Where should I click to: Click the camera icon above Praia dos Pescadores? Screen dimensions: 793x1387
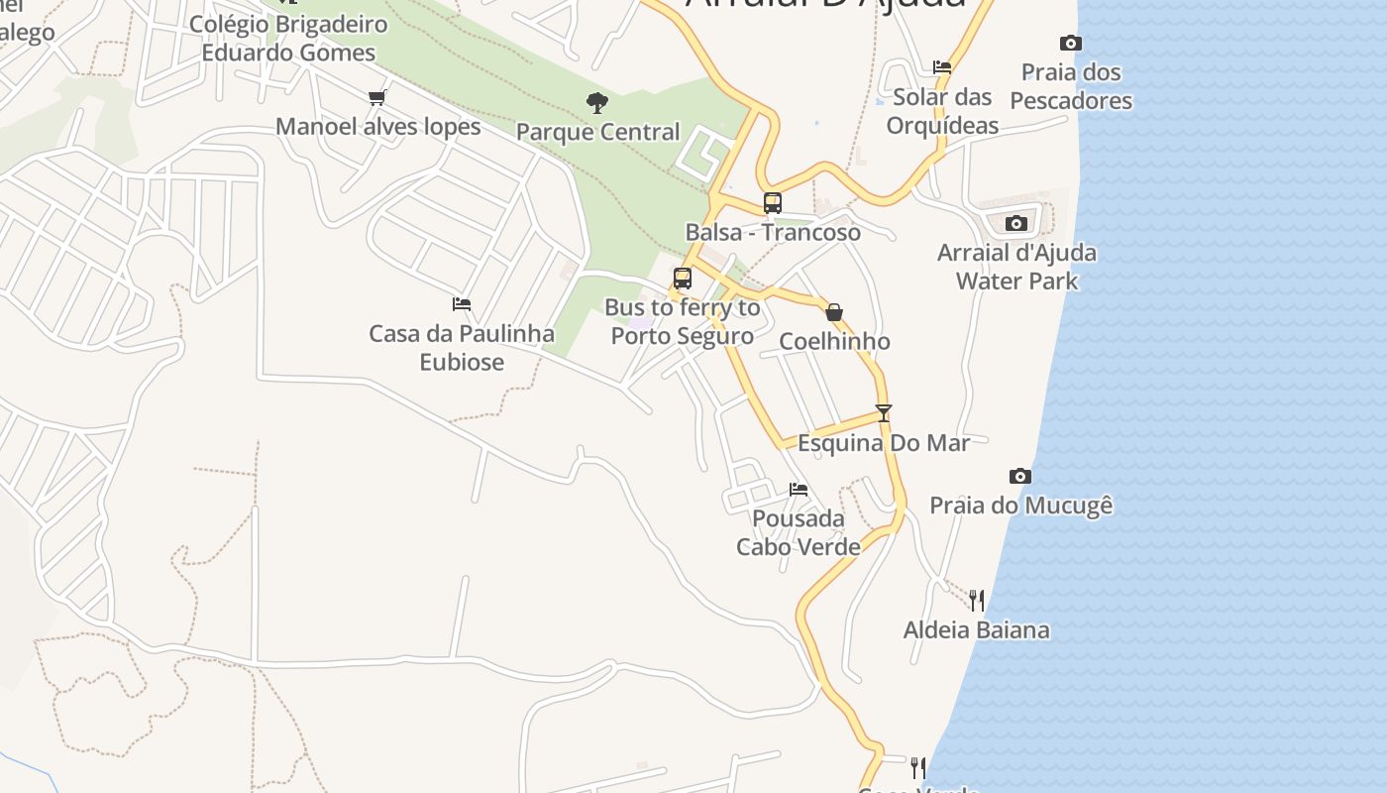1070,43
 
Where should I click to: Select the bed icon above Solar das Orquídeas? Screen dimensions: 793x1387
942,67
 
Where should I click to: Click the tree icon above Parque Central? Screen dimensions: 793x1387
596,101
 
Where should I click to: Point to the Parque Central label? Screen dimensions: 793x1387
597,132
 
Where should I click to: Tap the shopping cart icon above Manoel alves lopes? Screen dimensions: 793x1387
376,97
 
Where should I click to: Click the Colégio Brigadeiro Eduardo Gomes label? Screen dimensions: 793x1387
288,38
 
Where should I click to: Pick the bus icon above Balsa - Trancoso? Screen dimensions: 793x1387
773,203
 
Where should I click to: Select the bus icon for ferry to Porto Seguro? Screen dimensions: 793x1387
683,279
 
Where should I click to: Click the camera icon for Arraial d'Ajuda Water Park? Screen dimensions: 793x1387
1016,223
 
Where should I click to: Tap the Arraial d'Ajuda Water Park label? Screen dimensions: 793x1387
1016,267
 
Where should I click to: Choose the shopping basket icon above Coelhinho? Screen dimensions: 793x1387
834,312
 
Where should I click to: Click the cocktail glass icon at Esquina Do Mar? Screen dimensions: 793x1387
884,413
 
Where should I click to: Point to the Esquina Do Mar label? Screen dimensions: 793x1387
884,443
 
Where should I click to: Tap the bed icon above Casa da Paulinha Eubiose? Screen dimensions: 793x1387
462,304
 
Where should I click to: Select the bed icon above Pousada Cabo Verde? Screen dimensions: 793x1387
799,489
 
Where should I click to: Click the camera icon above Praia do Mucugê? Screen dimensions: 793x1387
1020,477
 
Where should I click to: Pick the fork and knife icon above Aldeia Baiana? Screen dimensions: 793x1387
977,600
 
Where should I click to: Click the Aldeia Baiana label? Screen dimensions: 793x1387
976,629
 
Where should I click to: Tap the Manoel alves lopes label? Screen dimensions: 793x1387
377,127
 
